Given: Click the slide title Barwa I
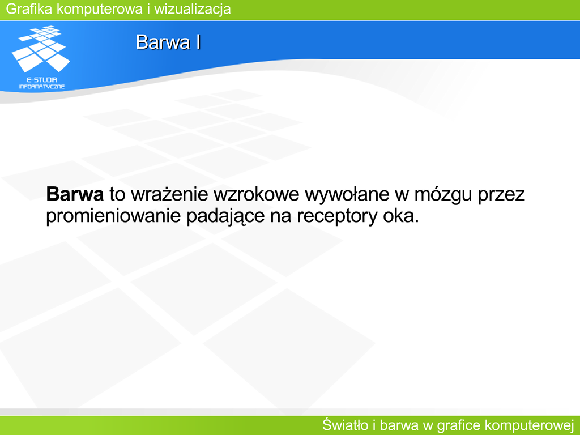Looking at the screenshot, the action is (x=168, y=42).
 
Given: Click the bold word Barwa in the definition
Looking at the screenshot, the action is (x=75, y=194).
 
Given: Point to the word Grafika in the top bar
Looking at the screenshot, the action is (x=29, y=9).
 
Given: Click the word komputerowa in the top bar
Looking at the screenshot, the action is (x=100, y=10).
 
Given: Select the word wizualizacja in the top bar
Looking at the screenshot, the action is (x=193, y=10).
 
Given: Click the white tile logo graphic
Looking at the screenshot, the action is (x=41, y=49).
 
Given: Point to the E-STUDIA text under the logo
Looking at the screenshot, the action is (x=42, y=79).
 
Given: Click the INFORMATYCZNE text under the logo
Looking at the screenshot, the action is (x=42, y=87).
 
